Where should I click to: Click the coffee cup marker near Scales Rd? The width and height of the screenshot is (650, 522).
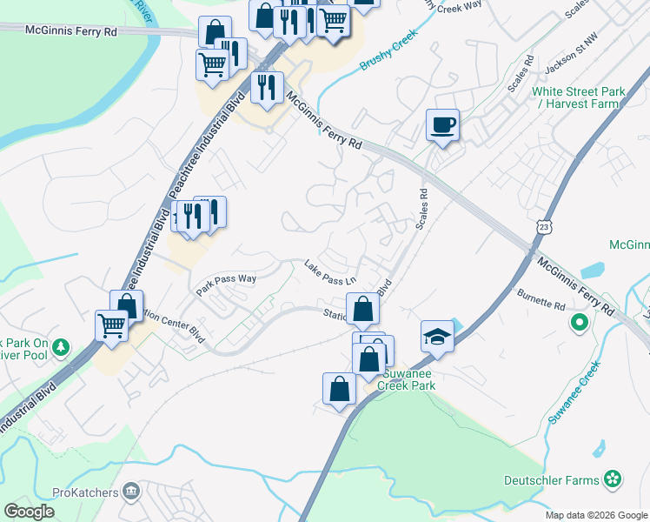coord(442,125)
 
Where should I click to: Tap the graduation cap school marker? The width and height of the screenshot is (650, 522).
coord(437,336)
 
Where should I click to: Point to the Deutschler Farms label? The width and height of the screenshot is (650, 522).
coord(552,480)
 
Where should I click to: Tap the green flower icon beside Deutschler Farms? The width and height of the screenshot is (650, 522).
coord(614,478)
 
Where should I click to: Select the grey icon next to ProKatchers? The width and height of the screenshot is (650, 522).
coord(131,492)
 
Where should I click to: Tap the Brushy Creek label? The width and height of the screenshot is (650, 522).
coord(388,54)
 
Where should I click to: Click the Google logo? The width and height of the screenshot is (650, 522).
coord(30,512)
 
